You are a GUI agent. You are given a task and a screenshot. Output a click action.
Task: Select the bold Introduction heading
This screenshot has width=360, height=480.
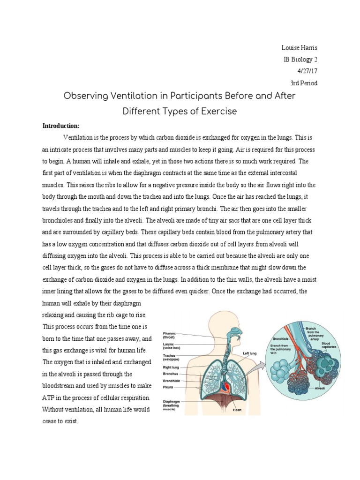click(x=61, y=126)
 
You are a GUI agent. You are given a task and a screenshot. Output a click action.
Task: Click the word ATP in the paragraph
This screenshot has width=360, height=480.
click(x=49, y=397)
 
